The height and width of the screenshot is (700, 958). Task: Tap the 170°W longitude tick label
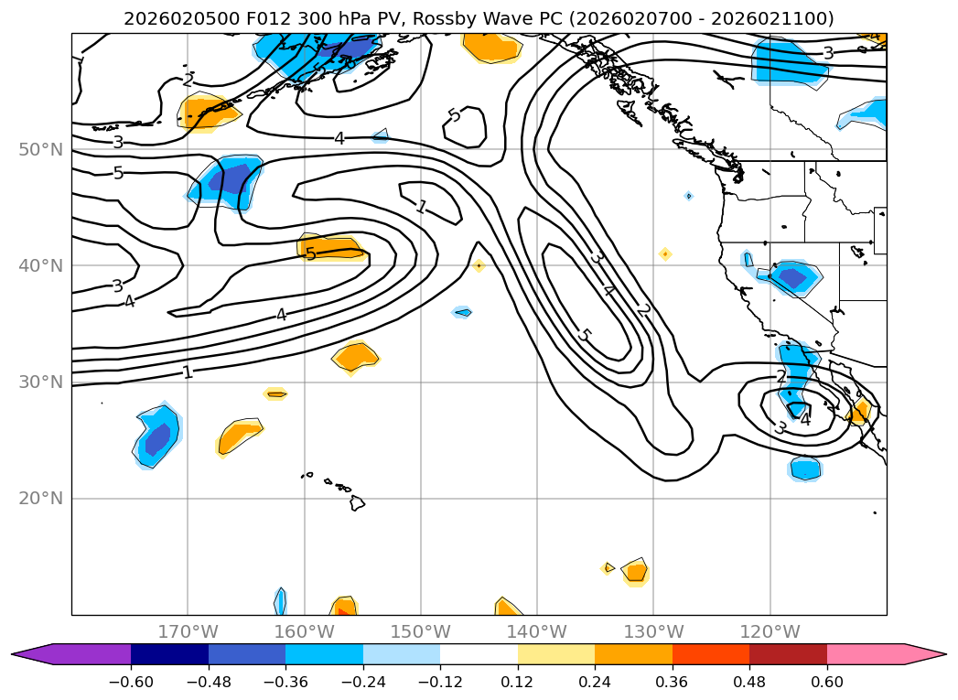tap(188, 631)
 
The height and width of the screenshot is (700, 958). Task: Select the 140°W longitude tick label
tap(537, 631)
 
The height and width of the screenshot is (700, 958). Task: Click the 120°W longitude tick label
tap(770, 631)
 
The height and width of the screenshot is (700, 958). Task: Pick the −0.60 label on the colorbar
tap(131, 682)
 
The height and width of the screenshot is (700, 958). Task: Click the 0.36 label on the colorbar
tap(673, 682)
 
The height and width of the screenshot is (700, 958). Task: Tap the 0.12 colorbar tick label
tap(518, 682)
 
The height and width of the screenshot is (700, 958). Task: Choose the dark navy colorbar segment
tap(169, 654)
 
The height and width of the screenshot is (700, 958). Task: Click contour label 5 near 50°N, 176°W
tap(118, 173)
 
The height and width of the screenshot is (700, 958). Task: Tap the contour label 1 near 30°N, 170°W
tap(188, 372)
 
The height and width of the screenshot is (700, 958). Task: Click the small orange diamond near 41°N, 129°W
tap(665, 253)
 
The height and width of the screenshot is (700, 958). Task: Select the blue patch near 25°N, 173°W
tap(157, 436)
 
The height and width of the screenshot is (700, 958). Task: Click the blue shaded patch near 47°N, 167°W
tap(226, 179)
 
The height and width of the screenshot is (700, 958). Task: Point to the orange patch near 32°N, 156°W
tap(355, 355)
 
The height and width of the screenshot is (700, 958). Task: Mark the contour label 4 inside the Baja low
tap(804, 419)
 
